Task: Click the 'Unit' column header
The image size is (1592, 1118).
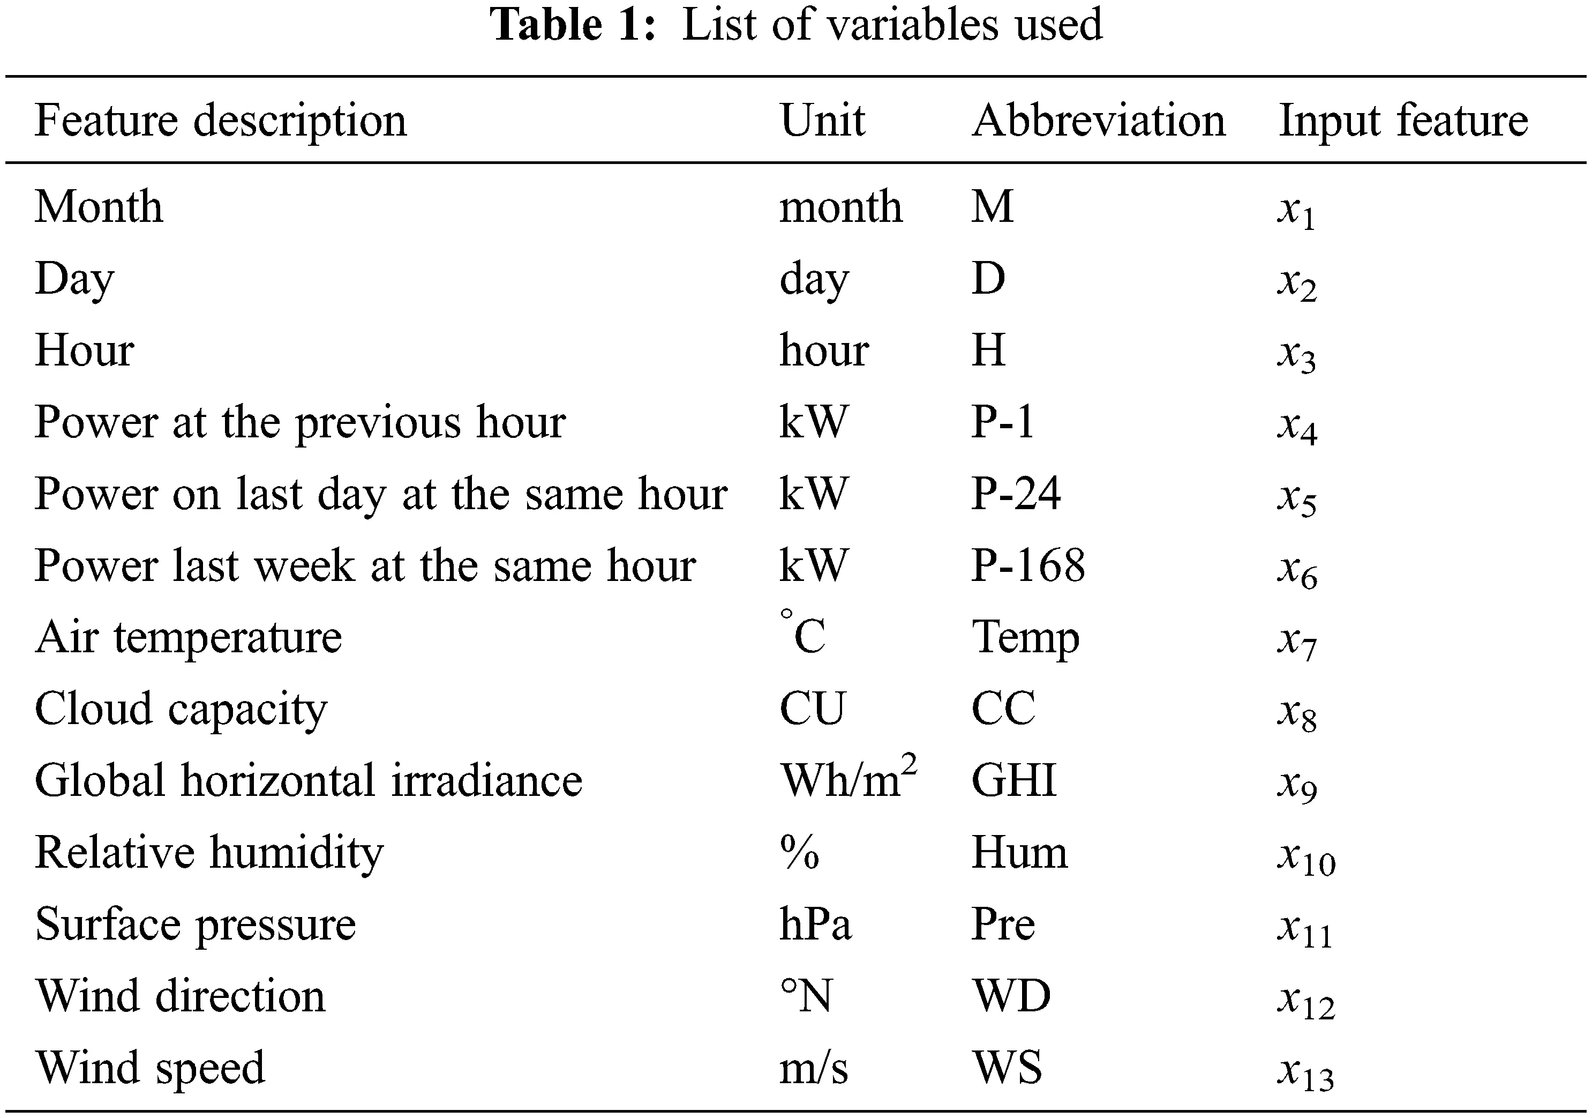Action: (x=822, y=121)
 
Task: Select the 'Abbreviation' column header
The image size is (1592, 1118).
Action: (x=1098, y=121)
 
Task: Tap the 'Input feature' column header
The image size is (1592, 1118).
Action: (x=1403, y=121)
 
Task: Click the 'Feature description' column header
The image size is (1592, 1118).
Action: (x=221, y=121)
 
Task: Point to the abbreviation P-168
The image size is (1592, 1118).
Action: (x=1027, y=565)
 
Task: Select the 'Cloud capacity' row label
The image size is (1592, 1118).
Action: (x=181, y=709)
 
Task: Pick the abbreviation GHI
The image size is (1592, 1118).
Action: (x=1013, y=780)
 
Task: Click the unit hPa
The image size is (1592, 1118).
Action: (x=815, y=924)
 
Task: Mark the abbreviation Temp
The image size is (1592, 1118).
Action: (x=1025, y=637)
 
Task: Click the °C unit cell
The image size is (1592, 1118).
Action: (x=803, y=635)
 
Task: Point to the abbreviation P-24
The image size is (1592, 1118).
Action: (x=1015, y=494)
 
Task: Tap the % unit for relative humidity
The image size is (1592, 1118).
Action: (x=799, y=852)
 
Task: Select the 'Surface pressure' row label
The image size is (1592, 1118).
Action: (x=195, y=925)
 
